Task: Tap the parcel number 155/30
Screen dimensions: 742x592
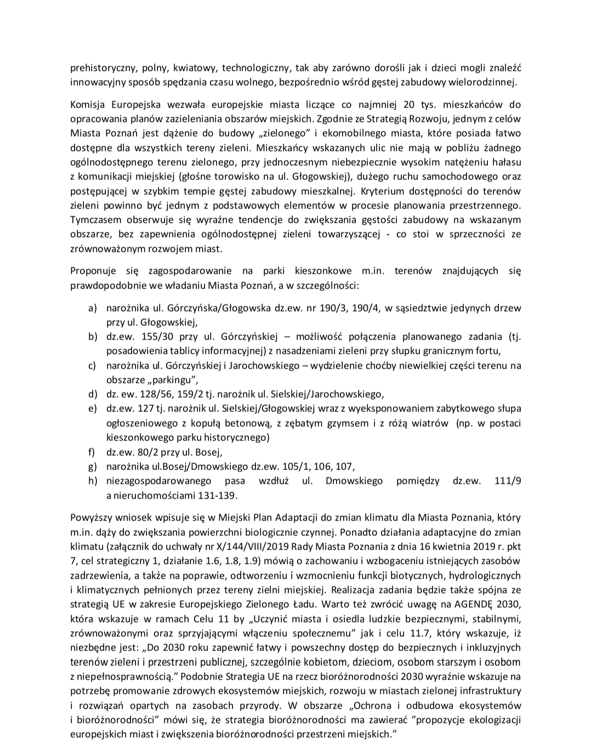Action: click(144, 336)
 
